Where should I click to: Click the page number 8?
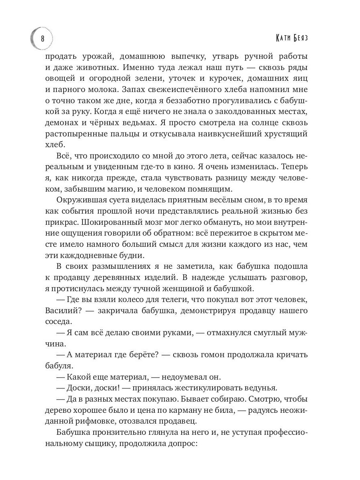(x=43, y=39)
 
